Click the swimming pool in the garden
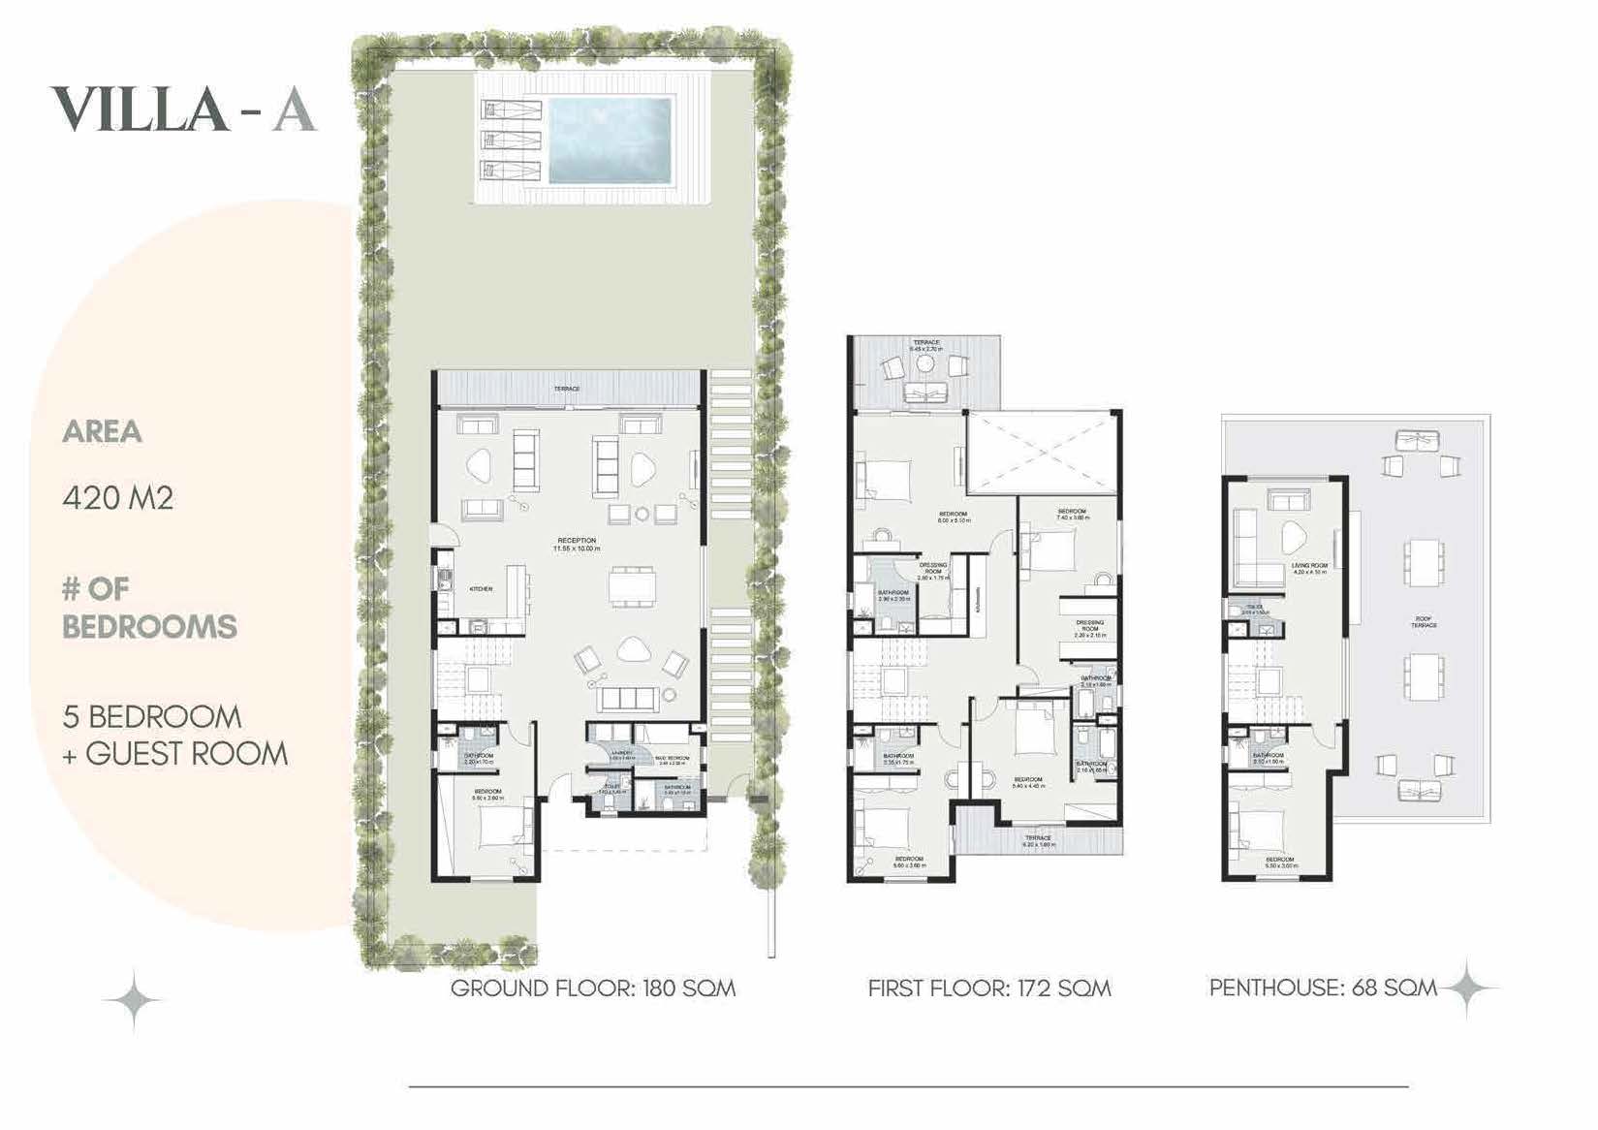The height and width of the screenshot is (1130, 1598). click(611, 140)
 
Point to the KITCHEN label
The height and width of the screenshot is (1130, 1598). click(481, 589)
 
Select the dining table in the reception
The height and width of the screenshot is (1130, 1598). click(633, 585)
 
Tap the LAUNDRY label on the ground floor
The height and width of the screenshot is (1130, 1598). click(621, 755)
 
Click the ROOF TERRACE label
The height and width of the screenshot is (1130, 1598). click(1424, 622)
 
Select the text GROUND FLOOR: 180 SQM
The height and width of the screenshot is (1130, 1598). click(593, 989)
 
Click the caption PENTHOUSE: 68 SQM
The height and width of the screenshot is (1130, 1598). click(1323, 988)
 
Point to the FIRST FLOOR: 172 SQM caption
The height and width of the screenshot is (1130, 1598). click(989, 989)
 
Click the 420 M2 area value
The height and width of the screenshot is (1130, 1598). click(118, 498)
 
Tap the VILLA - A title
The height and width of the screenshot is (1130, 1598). click(183, 110)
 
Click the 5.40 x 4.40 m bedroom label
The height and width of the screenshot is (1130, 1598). click(1027, 782)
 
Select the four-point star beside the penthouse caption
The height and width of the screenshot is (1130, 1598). click(1467, 989)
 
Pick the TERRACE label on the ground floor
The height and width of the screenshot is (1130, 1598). click(567, 389)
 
